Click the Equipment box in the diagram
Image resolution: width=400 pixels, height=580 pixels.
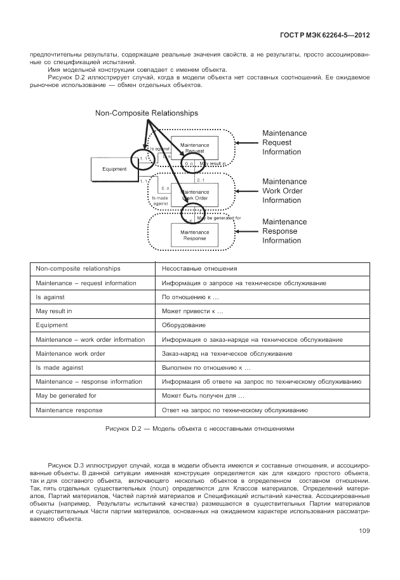[x=114, y=169]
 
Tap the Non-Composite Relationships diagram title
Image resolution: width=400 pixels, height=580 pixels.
[x=146, y=113]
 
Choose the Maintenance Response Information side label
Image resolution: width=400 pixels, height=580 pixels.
[x=284, y=231]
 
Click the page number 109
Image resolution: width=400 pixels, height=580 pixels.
[x=364, y=531]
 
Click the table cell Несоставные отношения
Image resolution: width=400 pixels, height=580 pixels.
[x=192, y=269]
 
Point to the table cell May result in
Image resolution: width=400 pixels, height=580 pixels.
[x=54, y=311]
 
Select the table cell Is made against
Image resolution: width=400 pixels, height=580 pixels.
[x=60, y=367]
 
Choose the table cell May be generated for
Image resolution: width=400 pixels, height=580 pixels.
[x=66, y=396]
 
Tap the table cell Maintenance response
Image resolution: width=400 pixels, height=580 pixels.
[x=69, y=410]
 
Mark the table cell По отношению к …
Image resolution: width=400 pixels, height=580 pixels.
[x=190, y=297]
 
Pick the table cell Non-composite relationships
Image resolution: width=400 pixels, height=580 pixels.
[x=78, y=269]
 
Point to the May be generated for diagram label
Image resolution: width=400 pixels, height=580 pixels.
[x=219, y=218]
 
